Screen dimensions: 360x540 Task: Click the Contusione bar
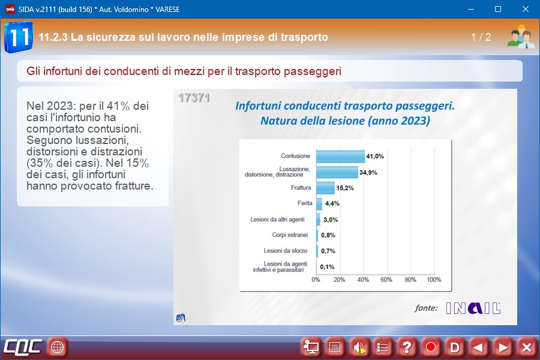340,157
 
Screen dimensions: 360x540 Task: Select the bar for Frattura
325,188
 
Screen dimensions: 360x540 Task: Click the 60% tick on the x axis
387,280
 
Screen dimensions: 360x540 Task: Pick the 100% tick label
433,280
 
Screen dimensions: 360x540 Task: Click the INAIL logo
473,308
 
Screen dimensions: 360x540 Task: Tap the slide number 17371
194,98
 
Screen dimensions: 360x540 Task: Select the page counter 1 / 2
481,37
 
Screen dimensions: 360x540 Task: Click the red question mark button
407,347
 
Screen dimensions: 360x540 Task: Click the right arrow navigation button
503,347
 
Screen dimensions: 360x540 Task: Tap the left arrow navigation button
478,347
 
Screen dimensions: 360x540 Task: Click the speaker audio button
359,347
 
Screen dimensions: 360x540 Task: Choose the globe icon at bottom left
58,347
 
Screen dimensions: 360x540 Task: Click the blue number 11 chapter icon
18,37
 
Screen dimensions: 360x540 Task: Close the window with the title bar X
526,9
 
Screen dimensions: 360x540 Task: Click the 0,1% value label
328,267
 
